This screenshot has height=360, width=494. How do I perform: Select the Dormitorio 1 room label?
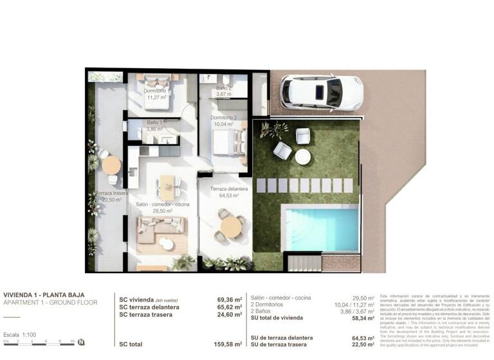click(x=158, y=94)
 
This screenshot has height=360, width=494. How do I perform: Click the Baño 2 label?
click(x=223, y=91)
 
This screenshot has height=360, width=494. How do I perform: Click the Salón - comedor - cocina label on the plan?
click(x=161, y=206)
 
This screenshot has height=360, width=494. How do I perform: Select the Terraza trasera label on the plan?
click(x=109, y=196)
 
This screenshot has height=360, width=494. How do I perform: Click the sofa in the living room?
click(x=161, y=228)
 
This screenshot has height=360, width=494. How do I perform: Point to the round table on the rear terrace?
click(x=111, y=165)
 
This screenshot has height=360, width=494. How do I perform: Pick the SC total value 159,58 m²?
click(x=229, y=344)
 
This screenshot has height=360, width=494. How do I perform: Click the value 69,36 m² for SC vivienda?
click(x=229, y=300)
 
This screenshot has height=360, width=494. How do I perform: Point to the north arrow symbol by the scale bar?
click(x=81, y=342)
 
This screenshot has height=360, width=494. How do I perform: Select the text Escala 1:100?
click(x=20, y=335)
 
